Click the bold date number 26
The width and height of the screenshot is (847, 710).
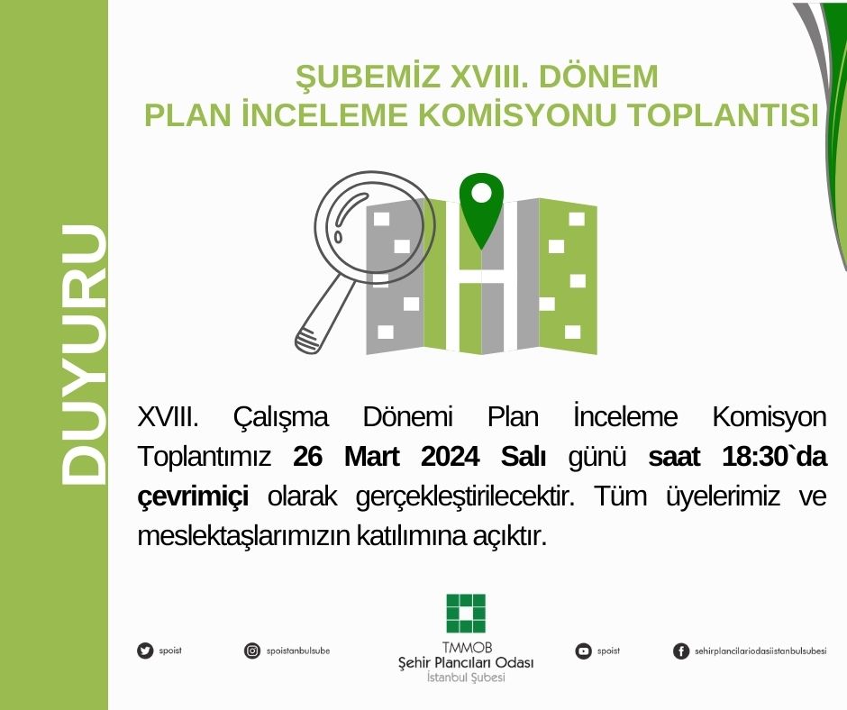[308, 457]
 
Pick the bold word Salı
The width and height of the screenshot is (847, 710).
[524, 457]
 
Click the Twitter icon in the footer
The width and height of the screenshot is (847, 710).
[144, 651]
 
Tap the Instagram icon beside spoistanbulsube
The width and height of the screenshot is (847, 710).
[252, 651]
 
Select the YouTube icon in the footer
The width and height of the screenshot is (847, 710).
[584, 651]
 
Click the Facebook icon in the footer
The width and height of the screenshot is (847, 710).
[681, 651]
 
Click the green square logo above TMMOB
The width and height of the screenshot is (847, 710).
[465, 614]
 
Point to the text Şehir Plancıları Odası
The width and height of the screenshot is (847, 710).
[465, 663]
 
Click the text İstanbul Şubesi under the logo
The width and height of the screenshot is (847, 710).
[465, 678]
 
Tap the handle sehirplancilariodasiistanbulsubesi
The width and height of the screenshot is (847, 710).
[761, 651]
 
